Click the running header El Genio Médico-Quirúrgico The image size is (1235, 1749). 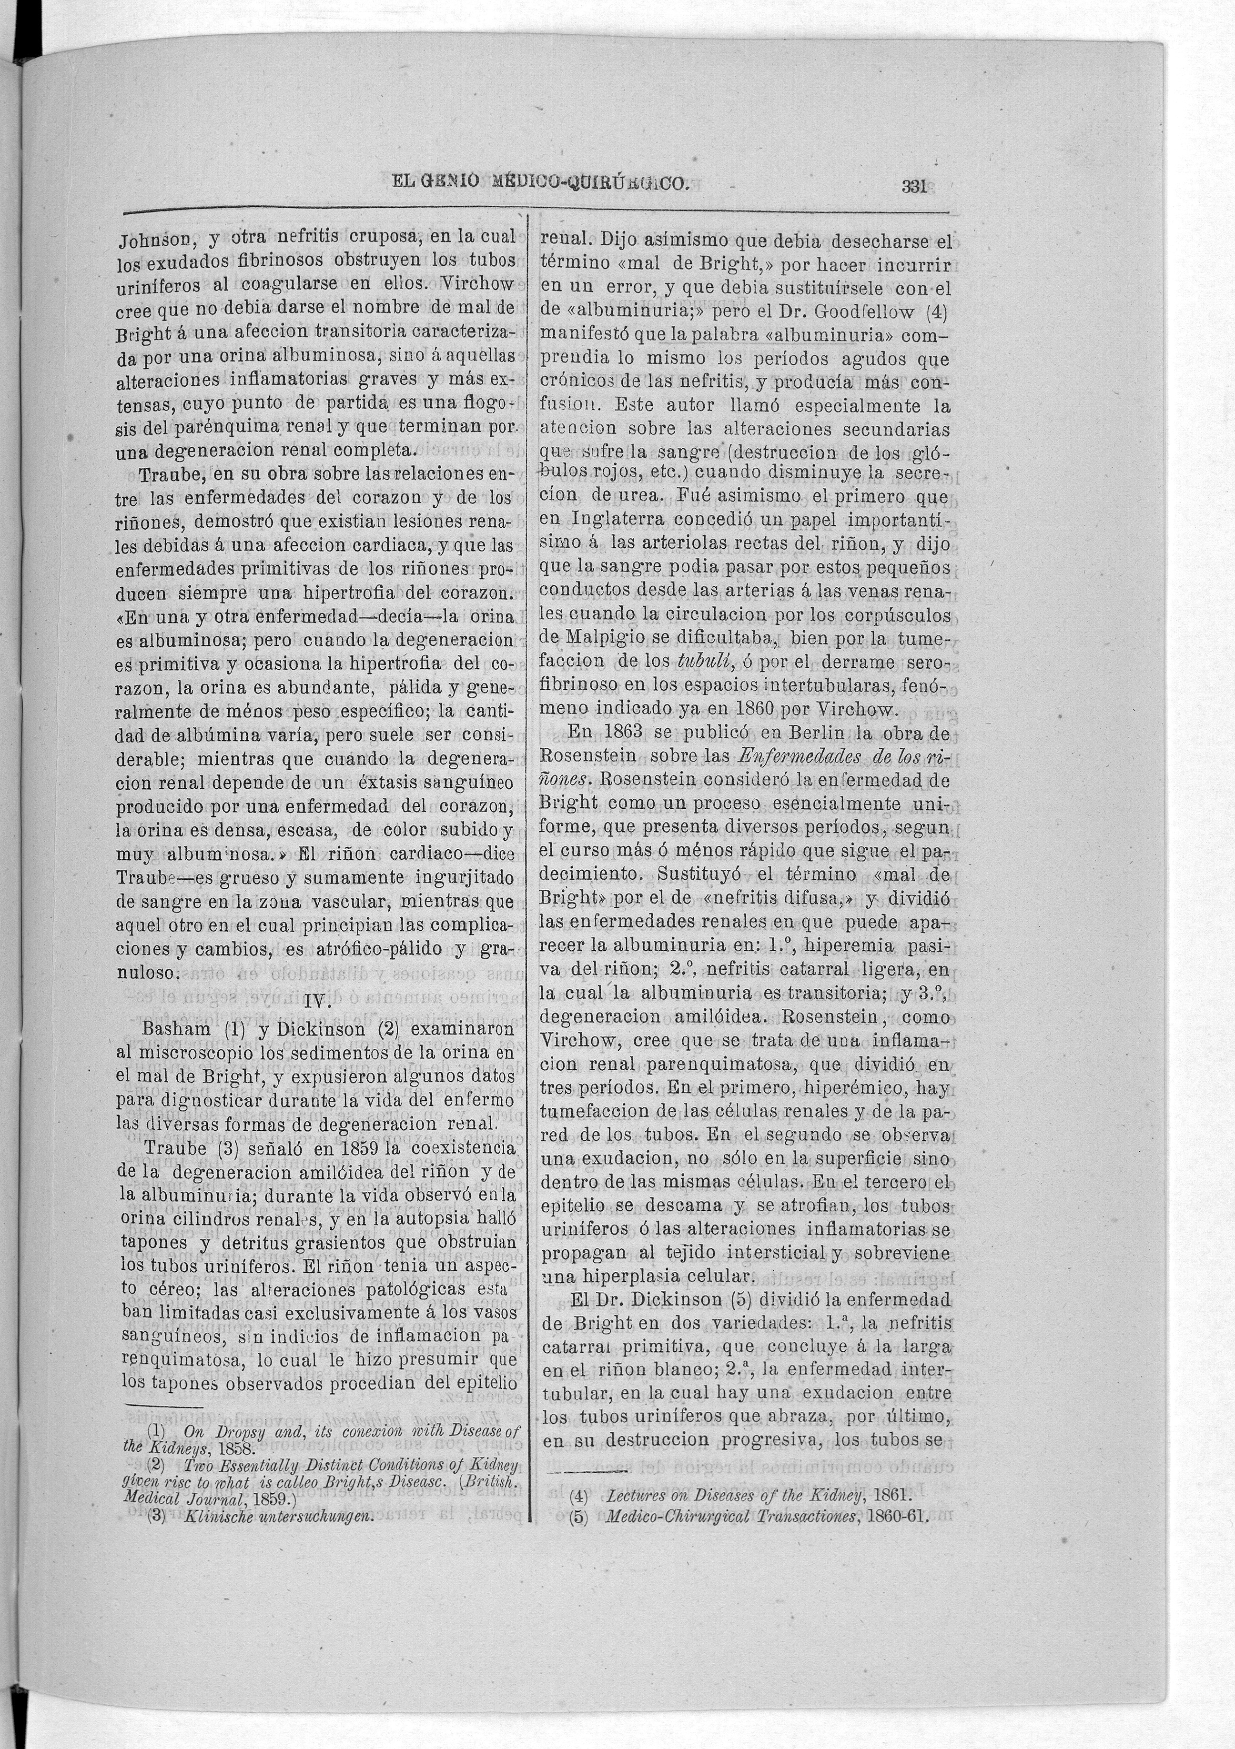[540, 183]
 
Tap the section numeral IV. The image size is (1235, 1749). [315, 1003]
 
